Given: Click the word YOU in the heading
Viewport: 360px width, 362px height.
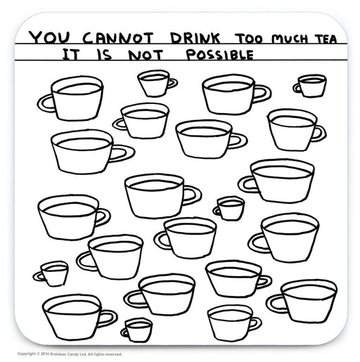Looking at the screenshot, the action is [49, 38].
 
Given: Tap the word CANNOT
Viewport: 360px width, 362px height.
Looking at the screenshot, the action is [118, 38].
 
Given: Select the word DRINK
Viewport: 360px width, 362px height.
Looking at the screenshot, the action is [195, 39].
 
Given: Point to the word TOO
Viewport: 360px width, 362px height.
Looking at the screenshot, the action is [249, 39].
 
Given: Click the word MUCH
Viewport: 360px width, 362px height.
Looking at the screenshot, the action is [290, 39].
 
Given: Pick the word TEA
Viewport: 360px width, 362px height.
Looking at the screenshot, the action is [326, 39].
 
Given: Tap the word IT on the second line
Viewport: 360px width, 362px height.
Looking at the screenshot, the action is [71, 55].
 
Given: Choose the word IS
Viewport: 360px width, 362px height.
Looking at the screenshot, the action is [104, 55].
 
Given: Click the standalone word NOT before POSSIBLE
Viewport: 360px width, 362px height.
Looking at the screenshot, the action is [146, 56].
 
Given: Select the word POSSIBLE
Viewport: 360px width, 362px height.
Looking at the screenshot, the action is [220, 55].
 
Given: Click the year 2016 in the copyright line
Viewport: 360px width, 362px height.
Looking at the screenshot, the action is [44, 354].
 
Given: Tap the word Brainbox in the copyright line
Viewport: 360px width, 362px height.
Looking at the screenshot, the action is [56, 354].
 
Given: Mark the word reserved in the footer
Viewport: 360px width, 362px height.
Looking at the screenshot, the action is [114, 354].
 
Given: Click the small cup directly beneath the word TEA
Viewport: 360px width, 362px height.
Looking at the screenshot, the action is [310, 86].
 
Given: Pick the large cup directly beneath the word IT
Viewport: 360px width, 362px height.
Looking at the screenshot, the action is [70, 98].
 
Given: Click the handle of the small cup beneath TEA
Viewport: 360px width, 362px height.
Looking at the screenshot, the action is [296, 89].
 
